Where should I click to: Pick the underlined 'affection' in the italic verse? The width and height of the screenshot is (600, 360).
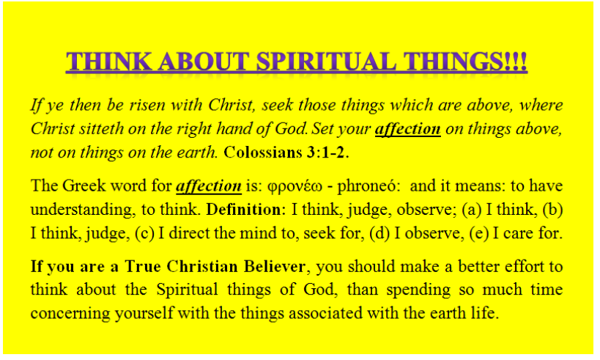click(x=407, y=129)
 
